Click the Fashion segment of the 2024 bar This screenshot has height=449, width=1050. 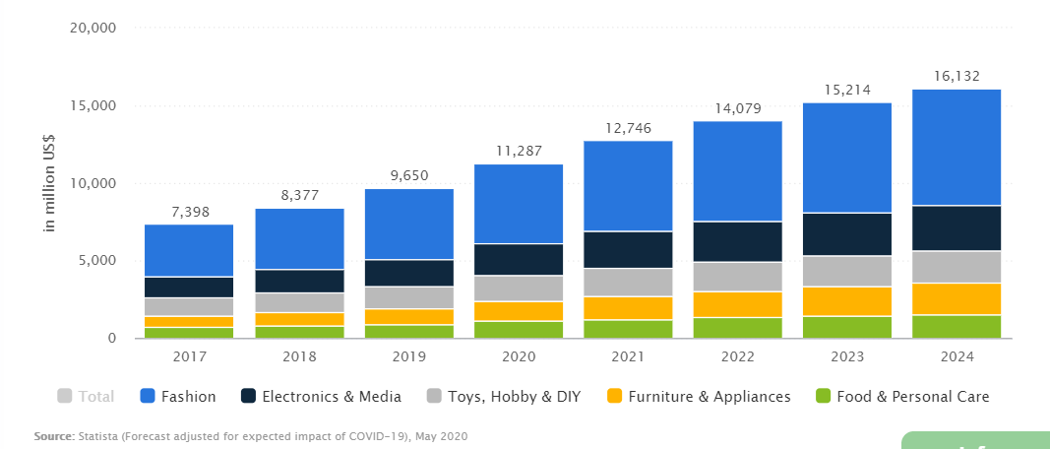coord(957,148)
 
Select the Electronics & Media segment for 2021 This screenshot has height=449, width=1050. coord(628,250)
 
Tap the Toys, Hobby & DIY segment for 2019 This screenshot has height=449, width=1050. coord(408,297)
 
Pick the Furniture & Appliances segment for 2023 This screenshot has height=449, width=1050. coord(846,301)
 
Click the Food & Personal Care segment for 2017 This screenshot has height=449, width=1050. coord(189,333)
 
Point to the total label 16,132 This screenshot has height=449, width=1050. coord(957,77)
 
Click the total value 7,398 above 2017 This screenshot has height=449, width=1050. coord(189,212)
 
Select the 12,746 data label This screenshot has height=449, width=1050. coord(628,128)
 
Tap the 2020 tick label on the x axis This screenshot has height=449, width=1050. coord(519,355)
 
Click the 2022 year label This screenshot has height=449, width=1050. coord(737,355)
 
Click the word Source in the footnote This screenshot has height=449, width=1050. coord(53,435)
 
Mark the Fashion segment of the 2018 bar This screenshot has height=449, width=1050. coord(299,238)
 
